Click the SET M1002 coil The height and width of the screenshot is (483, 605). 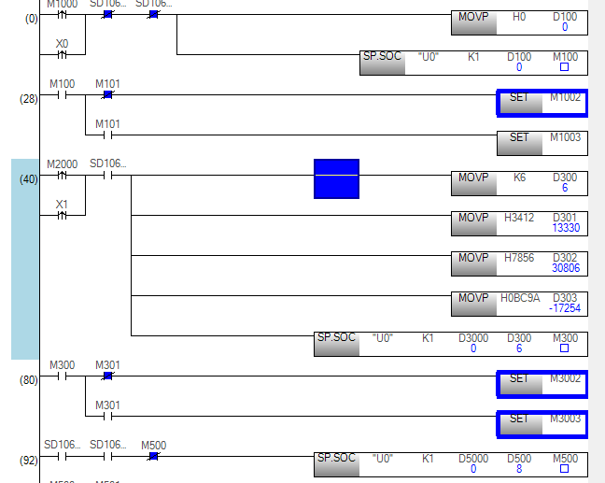542,102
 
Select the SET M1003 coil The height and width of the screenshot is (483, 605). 542,142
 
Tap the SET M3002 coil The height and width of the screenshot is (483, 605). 542,383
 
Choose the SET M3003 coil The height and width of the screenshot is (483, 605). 542,423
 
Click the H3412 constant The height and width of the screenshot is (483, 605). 519,219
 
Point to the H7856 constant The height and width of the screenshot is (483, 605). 519,258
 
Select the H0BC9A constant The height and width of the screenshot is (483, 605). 521,298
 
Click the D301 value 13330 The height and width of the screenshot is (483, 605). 566,228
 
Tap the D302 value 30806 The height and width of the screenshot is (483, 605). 566,267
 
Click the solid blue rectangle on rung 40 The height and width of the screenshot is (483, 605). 336,178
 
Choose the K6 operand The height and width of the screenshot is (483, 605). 520,178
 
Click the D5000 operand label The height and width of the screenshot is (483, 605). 473,459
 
